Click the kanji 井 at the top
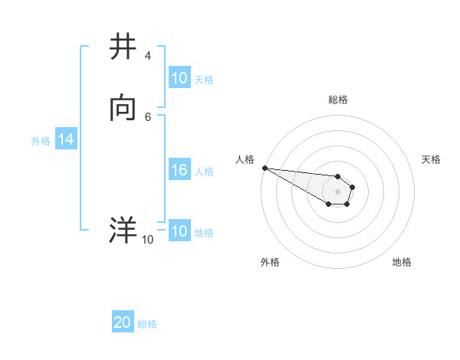(123, 47)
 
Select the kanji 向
(123, 109)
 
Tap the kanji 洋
(123, 230)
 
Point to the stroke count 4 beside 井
(147, 56)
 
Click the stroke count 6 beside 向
(147, 116)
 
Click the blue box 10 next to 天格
(179, 78)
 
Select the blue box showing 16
(179, 170)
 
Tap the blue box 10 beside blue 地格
(179, 231)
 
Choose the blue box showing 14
(66, 139)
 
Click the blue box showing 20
(123, 322)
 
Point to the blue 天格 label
(204, 79)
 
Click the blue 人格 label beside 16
(204, 171)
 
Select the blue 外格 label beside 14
(41, 140)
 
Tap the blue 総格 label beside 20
(147, 323)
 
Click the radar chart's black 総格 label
(337, 100)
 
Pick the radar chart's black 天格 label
(431, 159)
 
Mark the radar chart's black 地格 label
(402, 262)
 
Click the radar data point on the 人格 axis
(264, 168)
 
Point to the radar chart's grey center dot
(337, 191)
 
